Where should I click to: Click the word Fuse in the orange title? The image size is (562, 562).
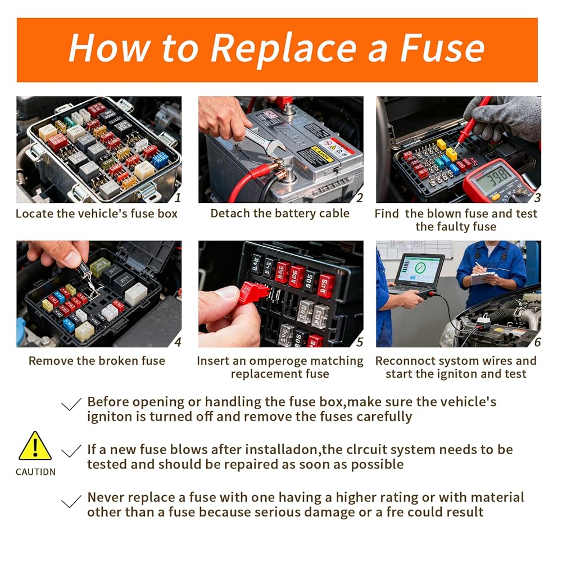point(443,48)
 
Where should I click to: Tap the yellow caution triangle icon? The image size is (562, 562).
point(35,446)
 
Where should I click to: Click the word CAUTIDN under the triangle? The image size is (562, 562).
point(35,472)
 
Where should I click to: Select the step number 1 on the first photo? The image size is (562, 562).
point(178,197)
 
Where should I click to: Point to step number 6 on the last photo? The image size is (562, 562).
point(537,342)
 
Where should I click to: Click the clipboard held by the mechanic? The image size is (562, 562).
point(483,278)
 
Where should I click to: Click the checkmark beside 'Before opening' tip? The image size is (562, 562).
point(71,404)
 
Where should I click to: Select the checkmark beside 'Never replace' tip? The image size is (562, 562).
point(71,501)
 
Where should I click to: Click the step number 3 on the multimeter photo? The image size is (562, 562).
point(537,197)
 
